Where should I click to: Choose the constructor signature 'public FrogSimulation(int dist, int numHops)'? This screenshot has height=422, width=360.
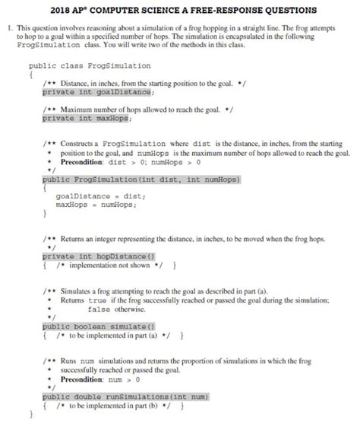(141, 179)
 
